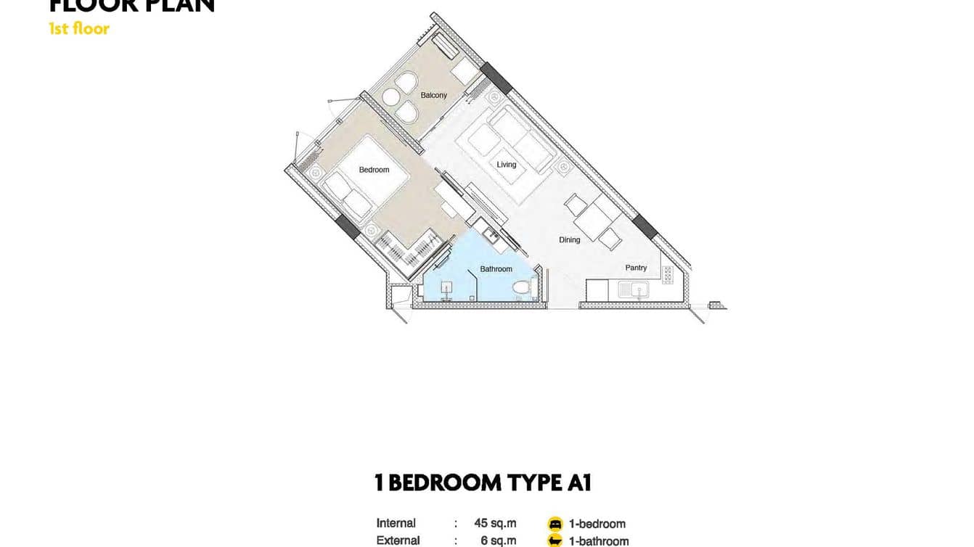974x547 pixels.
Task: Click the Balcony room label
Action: click(x=434, y=95)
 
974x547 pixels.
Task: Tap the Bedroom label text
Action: click(x=374, y=170)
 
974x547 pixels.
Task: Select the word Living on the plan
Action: click(x=507, y=165)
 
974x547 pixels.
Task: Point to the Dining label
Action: click(x=569, y=239)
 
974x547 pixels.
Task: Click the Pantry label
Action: click(x=636, y=268)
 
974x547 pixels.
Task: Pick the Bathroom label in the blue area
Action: click(x=496, y=269)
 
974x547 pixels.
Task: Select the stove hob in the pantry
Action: click(x=667, y=275)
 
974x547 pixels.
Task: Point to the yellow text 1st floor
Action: click(x=79, y=29)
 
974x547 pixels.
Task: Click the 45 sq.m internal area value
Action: click(x=495, y=523)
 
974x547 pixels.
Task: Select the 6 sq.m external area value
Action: click(x=498, y=540)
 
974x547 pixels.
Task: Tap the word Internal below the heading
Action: click(x=396, y=523)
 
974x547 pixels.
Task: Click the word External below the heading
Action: click(x=398, y=540)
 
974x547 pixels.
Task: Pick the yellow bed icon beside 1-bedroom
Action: click(x=555, y=524)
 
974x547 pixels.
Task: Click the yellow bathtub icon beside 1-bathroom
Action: click(x=555, y=540)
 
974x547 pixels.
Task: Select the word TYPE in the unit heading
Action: click(x=520, y=482)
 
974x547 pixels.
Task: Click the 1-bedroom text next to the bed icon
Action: click(x=597, y=524)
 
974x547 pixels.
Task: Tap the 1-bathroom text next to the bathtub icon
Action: click(x=599, y=541)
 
